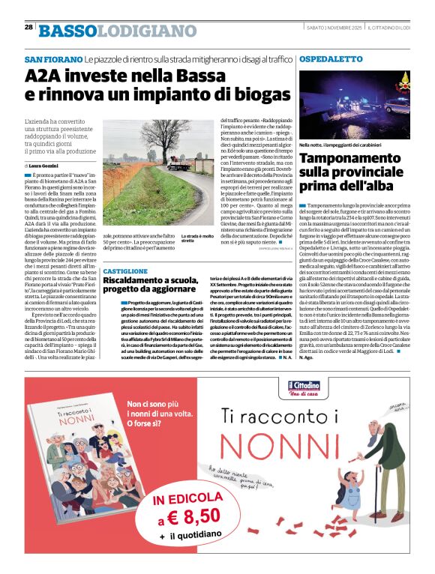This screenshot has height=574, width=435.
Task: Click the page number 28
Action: pos(28,27)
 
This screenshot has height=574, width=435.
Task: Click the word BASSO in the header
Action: pos(68,31)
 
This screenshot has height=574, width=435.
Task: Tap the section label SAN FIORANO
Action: pos(52,59)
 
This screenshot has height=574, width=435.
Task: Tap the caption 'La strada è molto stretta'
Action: pos(196,238)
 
